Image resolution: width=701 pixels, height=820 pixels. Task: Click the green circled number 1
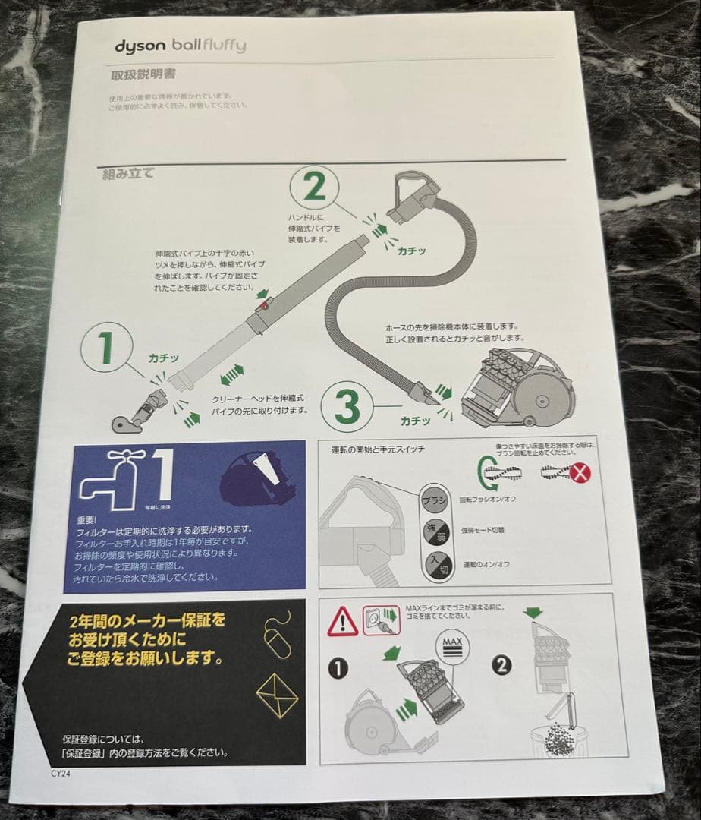click(106, 348)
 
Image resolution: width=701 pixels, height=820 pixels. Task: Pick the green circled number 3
click(347, 407)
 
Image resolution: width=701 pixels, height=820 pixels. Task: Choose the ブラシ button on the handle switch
click(434, 501)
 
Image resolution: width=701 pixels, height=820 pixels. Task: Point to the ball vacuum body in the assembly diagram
click(516, 387)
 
